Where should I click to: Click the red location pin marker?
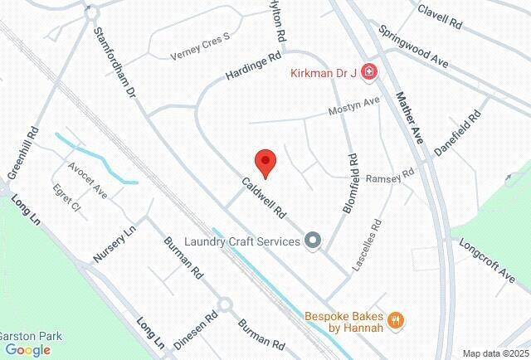[265, 163]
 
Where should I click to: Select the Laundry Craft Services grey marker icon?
[313, 241]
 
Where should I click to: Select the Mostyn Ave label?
[354, 107]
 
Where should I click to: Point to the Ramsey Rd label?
[390, 177]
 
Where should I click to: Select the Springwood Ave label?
[413, 47]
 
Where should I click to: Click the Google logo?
[27, 349]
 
